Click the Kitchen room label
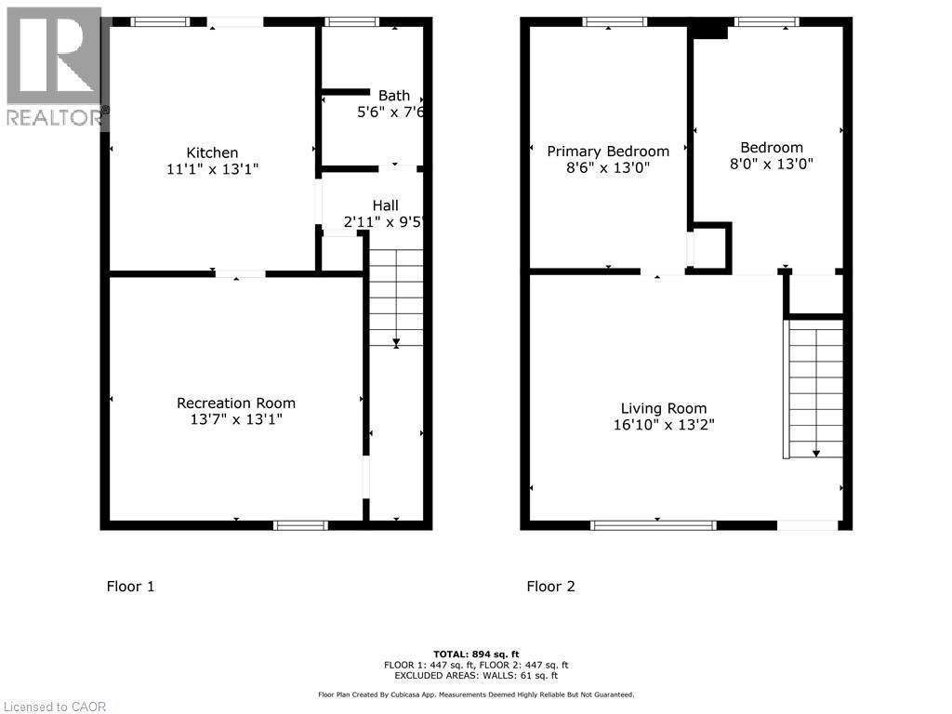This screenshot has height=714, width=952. tap(212, 152)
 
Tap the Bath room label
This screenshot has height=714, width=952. tap(393, 95)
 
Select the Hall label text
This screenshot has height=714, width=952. tap(385, 205)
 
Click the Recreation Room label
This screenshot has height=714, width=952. tap(236, 403)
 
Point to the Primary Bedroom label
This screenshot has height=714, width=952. tap(608, 152)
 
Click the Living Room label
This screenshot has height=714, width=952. tap(664, 408)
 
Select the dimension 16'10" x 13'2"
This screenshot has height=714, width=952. tap(664, 425)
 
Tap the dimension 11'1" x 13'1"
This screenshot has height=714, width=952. tap(212, 169)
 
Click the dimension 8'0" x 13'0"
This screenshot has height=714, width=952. tap(771, 164)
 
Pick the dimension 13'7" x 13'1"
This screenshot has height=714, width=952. tap(236, 419)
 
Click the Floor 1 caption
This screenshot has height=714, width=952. tap(131, 586)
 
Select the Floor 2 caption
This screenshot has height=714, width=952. tap(551, 586)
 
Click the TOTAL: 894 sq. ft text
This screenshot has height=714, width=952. tap(476, 654)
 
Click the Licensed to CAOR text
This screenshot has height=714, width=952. tap(54, 707)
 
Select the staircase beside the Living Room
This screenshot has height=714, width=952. tap(815, 389)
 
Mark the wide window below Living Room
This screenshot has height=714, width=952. tap(654, 525)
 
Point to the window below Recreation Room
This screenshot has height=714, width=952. tap(300, 525)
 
